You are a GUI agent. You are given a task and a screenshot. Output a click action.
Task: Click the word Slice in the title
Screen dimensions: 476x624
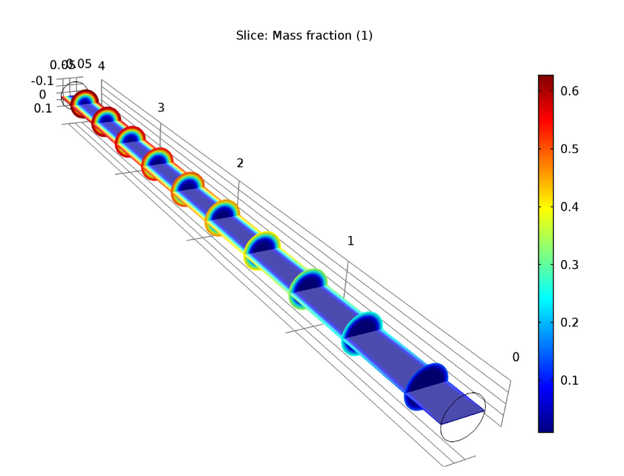pyautogui.click(x=250, y=36)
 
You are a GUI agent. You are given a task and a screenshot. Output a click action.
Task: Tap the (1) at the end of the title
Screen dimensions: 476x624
pyautogui.click(x=361, y=36)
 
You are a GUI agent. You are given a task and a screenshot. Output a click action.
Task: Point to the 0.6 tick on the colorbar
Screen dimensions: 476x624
pyautogui.click(x=570, y=90)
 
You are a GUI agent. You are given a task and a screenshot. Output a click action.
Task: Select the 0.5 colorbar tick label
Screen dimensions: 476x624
pyautogui.click(x=570, y=148)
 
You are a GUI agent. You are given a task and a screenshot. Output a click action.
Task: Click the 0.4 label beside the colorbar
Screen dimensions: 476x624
pyautogui.click(x=570, y=206)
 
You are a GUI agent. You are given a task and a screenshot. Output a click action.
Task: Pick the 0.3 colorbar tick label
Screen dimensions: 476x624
pyautogui.click(x=570, y=264)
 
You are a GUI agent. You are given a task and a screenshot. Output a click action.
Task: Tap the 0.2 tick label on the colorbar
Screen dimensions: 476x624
pyautogui.click(x=570, y=322)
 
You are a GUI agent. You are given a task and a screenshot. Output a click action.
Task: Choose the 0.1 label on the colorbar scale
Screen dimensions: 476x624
pyautogui.click(x=570, y=380)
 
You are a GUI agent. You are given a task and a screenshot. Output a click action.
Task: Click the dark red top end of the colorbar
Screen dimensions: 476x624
pyautogui.click(x=545, y=79)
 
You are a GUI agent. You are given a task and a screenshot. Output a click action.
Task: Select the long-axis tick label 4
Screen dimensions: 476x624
pyautogui.click(x=101, y=66)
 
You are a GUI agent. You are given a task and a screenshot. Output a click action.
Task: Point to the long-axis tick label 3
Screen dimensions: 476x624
pyautogui.click(x=161, y=108)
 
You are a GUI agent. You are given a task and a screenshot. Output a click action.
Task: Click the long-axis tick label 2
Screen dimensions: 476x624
pyautogui.click(x=240, y=164)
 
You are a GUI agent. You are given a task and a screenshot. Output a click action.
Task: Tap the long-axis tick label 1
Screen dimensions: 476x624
pyautogui.click(x=350, y=241)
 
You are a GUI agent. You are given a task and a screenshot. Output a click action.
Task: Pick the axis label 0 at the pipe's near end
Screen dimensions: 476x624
pyautogui.click(x=515, y=357)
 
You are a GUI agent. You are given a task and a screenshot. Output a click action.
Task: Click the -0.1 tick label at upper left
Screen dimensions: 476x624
pyautogui.click(x=42, y=80)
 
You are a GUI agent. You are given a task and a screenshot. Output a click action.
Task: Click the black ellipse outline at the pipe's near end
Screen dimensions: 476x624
pyautogui.click(x=462, y=417)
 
